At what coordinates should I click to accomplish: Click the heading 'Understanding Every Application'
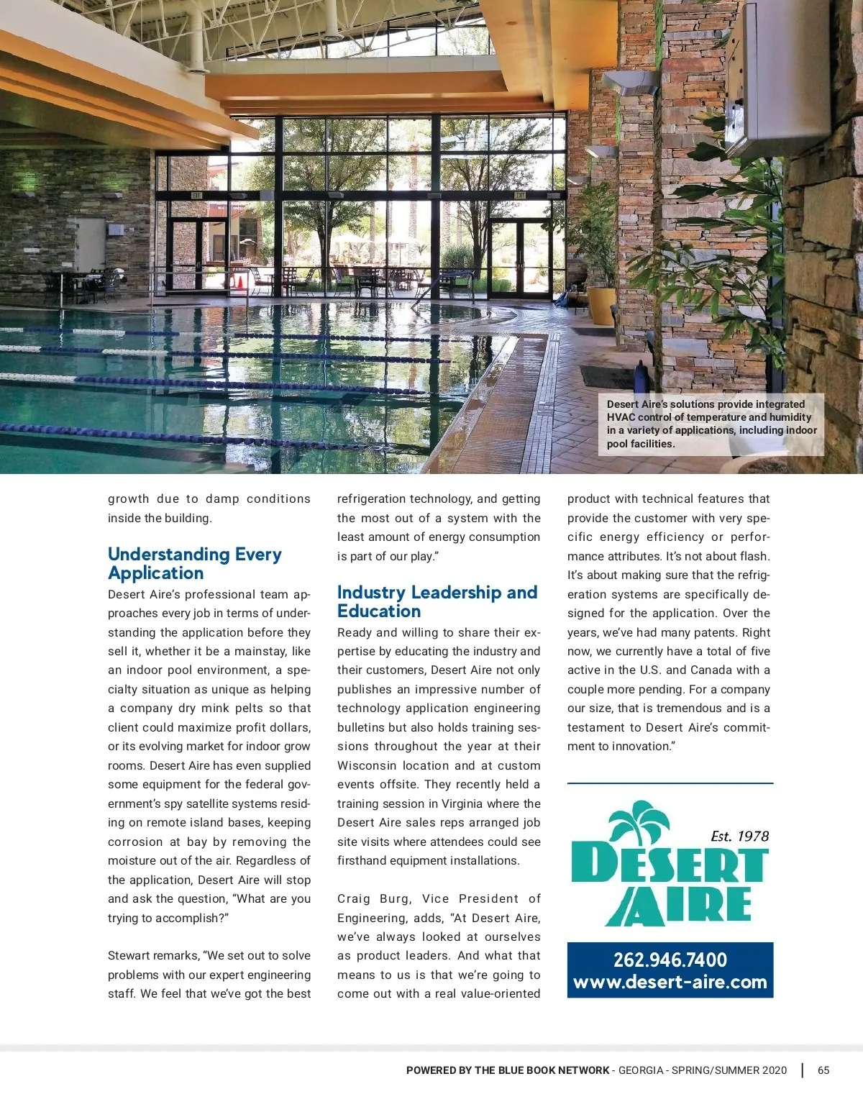(194, 564)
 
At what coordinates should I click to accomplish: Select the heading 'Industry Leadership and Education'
(437, 602)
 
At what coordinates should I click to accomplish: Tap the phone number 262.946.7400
(670, 960)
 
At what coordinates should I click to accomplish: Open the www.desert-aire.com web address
(670, 982)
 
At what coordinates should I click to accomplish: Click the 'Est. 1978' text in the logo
(739, 836)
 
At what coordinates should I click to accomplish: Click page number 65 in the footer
(823, 1070)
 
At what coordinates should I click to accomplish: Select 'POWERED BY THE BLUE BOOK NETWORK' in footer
(507, 1070)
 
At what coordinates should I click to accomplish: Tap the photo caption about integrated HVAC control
(711, 424)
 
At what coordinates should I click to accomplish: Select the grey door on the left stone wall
(91, 248)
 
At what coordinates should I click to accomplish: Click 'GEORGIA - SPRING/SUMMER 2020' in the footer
(703, 1070)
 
